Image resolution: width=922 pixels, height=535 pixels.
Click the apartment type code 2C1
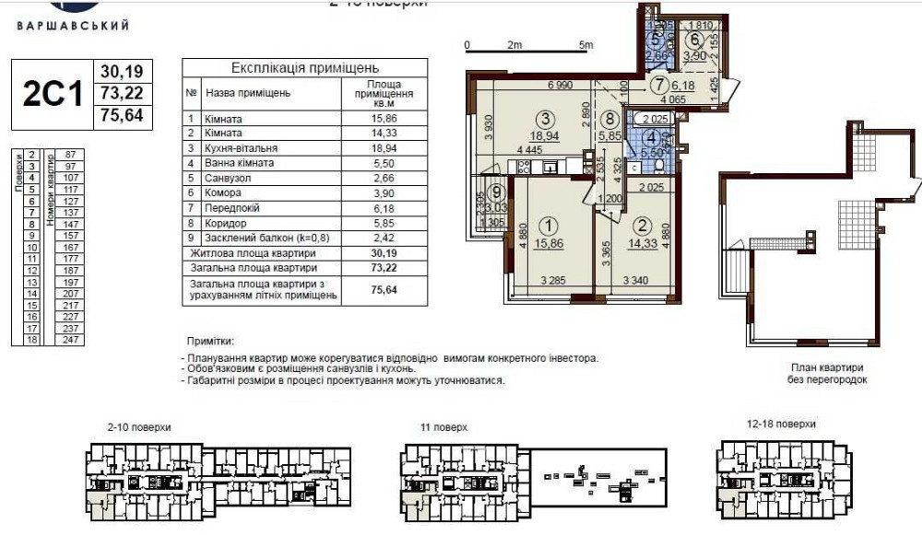pos(53,95)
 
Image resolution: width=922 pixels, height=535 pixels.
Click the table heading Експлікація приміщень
pos(304,68)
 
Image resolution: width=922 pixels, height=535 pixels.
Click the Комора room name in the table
pos(223,192)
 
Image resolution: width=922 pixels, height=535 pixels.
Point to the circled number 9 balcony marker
pos(496,192)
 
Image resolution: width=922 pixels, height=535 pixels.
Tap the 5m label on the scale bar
pos(585,44)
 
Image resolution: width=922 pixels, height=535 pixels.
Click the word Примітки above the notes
pos(210,341)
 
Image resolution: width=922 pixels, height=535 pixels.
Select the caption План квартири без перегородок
pos(827,373)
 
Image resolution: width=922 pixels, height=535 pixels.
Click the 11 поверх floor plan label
pos(445,428)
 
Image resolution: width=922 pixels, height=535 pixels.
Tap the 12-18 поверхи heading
pos(783,425)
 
